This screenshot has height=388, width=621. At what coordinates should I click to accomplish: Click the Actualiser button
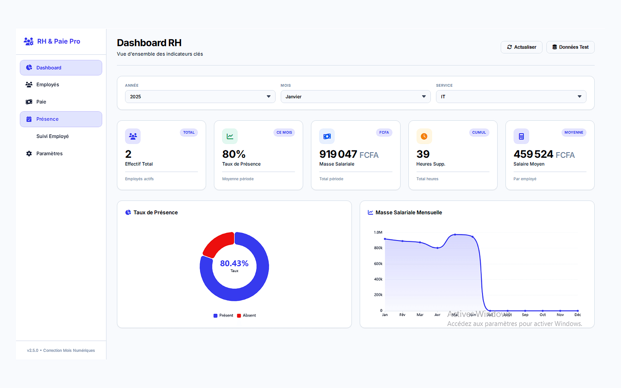pos(521,47)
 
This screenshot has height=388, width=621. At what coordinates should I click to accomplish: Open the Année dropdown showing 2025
pos(200,97)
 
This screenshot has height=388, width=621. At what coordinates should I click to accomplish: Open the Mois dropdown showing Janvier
pos(355,97)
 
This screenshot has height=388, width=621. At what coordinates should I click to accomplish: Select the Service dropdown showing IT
pos(511,97)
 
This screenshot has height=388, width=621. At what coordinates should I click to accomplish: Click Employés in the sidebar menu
pos(47,85)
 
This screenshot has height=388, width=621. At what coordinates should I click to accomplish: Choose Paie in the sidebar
pos(41,102)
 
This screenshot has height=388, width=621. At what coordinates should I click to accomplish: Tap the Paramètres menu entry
pos(49,153)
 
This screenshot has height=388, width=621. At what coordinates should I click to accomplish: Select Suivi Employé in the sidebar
pos(52,136)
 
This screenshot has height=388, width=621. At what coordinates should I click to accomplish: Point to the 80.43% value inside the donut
pos(234,263)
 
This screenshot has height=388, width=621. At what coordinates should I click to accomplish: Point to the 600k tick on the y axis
pos(378,264)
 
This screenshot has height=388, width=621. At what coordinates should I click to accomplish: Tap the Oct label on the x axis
pos(543,315)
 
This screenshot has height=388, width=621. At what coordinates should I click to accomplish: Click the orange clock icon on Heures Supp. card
pos(424,136)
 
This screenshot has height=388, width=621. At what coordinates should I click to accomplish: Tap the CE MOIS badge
pos(284,132)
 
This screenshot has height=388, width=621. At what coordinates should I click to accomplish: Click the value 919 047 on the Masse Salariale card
pos(338,154)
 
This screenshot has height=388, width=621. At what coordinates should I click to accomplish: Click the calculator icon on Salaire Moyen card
pos(521,136)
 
